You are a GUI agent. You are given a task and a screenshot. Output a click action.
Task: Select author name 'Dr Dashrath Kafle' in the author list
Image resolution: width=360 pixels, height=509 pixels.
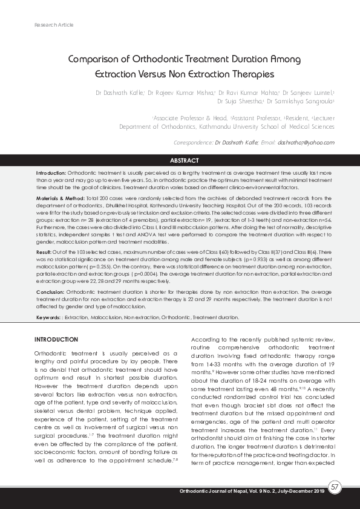(119, 93)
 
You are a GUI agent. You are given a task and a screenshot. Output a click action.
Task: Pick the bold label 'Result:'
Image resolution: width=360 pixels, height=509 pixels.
(44, 251)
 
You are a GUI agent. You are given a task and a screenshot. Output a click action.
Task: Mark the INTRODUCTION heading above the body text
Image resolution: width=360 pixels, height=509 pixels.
(57, 339)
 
